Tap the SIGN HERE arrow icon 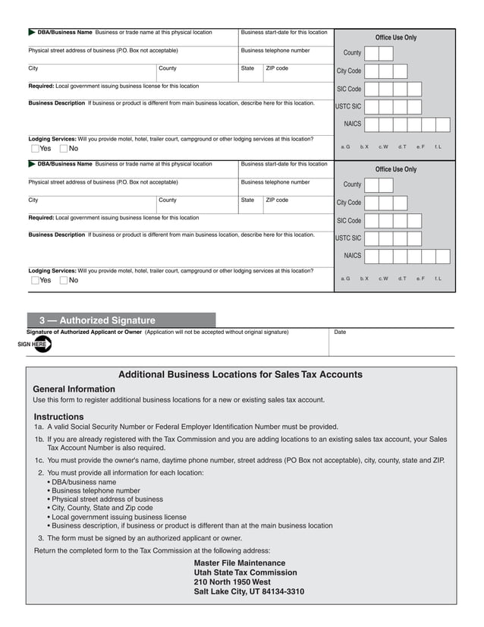[x=35, y=344]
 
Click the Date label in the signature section [x=340, y=332]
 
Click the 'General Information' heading [x=74, y=389]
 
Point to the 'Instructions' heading [x=58, y=417]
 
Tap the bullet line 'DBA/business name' [x=83, y=481]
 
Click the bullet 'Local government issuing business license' [x=118, y=516]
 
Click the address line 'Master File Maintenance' [x=240, y=563]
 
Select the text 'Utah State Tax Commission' [x=245, y=572]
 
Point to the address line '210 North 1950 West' [x=232, y=582]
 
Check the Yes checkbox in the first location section [x=36, y=149]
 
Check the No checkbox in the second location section [x=64, y=280]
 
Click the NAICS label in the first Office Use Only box [x=352, y=124]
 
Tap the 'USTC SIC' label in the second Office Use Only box [x=348, y=238]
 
